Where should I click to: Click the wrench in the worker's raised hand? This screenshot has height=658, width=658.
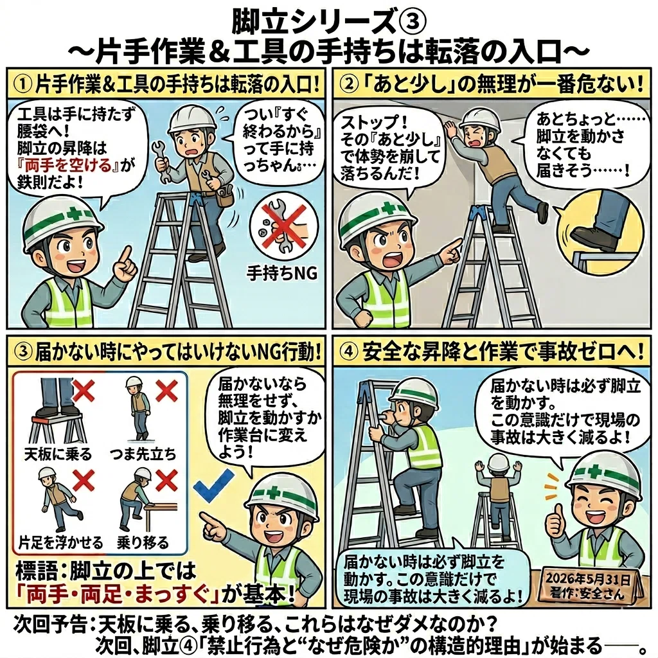(161, 161)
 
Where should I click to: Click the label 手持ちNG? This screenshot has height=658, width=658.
(281, 274)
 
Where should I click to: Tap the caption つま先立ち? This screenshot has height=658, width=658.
(143, 454)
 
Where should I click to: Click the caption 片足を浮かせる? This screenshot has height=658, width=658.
(60, 543)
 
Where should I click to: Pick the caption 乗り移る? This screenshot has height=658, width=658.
(143, 543)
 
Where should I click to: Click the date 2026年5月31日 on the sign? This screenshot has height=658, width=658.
(587, 580)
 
